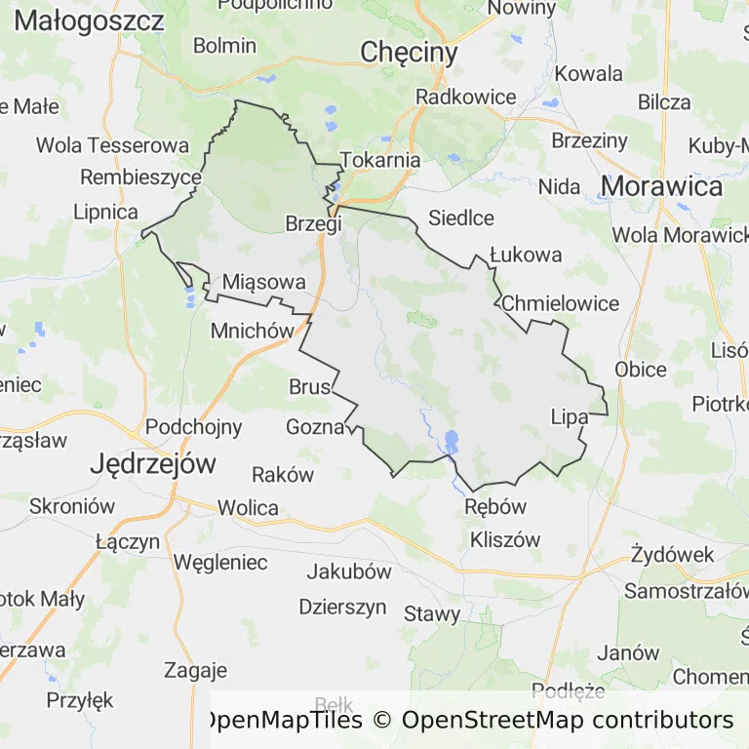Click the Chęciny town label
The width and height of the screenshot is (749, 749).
pos(409,53)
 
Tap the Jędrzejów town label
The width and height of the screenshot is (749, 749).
pos(152,463)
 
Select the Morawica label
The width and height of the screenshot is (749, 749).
pos(661,186)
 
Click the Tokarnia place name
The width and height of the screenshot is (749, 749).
pos(381,160)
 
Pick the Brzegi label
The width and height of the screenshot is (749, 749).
pos(313,223)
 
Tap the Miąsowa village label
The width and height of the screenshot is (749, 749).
pos(264,282)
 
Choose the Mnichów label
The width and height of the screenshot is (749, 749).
pos(252,331)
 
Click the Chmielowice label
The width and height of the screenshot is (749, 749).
pos(560,303)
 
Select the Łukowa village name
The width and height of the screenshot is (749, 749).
pos(526,255)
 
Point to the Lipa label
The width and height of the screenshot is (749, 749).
pos(570,416)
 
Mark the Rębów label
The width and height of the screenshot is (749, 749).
pos(495,506)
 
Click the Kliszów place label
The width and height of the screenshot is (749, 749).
pos(505,539)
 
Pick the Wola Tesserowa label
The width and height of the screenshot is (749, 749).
pos(112,145)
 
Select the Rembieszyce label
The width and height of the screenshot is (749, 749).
pos(140,177)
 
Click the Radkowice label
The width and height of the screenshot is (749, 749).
pos(465,97)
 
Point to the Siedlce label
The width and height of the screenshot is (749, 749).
pos(461,218)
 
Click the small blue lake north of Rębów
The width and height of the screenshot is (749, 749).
pos(451,442)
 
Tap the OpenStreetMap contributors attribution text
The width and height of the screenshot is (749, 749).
pos(567,721)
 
